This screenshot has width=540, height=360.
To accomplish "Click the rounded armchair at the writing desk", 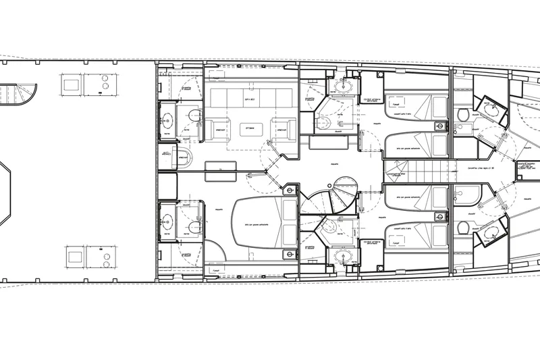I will [x=182, y=158].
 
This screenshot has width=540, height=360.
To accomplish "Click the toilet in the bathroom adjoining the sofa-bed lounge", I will [x=195, y=116].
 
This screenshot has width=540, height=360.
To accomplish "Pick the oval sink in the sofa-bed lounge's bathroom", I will [x=167, y=120].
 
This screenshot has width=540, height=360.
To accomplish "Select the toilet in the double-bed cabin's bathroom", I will [x=195, y=226].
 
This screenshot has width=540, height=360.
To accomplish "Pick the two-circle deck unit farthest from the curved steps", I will [x=105, y=256].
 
